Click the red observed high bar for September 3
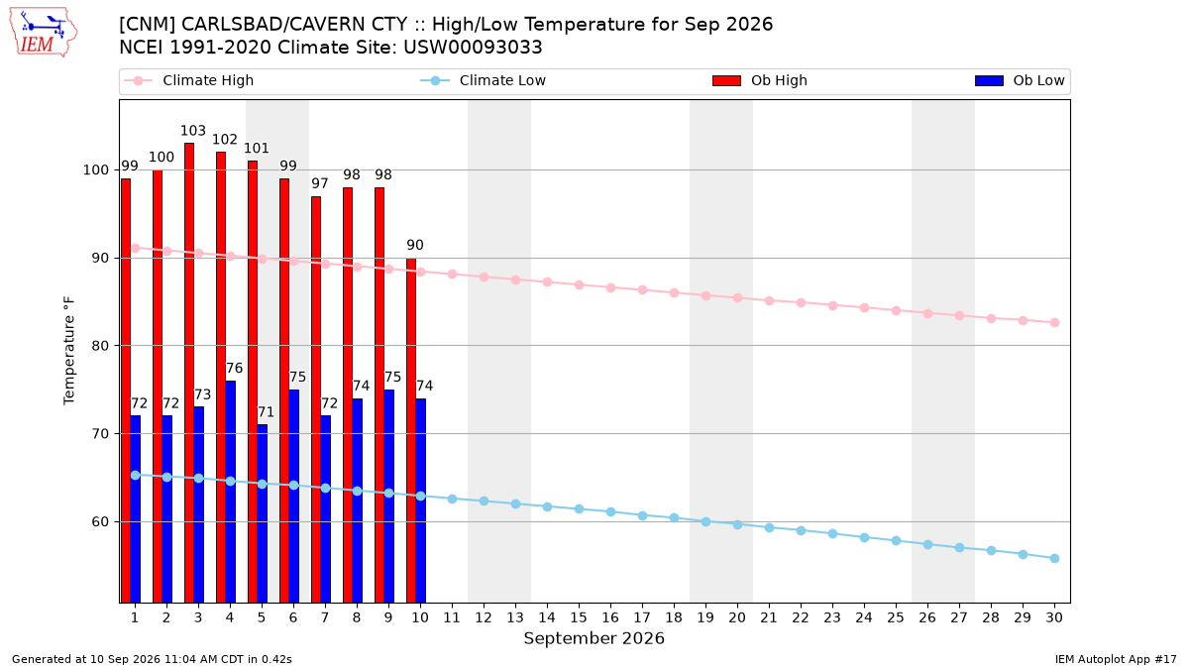[x=189, y=373]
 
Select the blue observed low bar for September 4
[x=230, y=492]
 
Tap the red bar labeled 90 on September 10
[x=411, y=430]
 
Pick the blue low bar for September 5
[x=263, y=513]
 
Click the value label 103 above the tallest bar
[x=192, y=131]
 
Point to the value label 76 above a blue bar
[x=234, y=368]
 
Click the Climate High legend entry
[x=188, y=80]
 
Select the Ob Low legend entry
[x=1020, y=80]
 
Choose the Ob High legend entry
[x=760, y=80]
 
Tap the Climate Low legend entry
[x=483, y=80]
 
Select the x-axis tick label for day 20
[x=737, y=617]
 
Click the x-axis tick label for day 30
[x=1054, y=617]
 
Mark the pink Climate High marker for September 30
[x=1054, y=322]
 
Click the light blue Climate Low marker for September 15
[x=579, y=508]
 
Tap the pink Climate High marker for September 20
[x=737, y=298]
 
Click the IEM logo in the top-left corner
[x=44, y=32]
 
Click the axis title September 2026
[x=594, y=638]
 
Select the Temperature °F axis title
[x=69, y=351]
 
